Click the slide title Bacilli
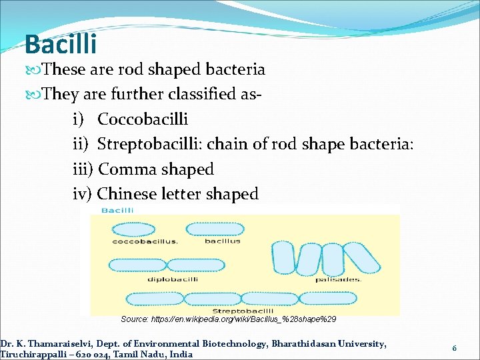coord(61,45)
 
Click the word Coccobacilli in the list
coord(143,119)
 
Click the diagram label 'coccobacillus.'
coord(145,241)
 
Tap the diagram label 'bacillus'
coord(223,241)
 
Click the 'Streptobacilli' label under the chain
coord(243,311)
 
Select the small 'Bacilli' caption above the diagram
coord(117,211)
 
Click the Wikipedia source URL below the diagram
coord(228,319)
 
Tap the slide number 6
coord(454,348)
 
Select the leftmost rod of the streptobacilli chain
coord(156,298)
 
